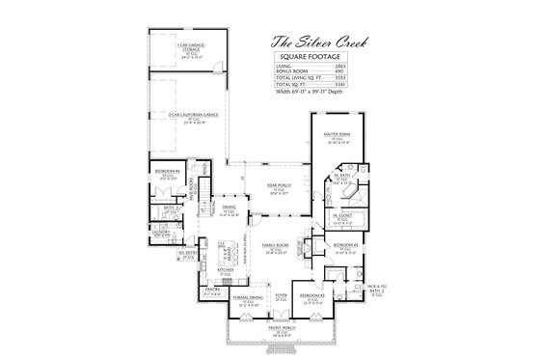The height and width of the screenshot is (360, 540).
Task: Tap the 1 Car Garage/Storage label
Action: click(189, 45)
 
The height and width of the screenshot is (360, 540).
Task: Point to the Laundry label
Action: click(161, 232)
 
